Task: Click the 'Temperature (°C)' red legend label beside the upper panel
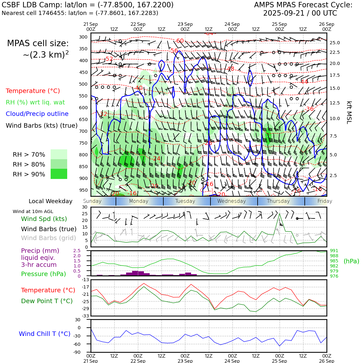(33, 91)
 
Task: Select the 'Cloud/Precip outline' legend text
(37, 114)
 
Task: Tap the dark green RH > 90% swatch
(59, 174)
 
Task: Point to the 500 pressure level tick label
(83, 84)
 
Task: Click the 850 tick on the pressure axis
(83, 167)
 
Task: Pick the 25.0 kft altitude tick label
(335, 43)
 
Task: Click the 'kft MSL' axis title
(349, 112)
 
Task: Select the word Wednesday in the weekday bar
(231, 201)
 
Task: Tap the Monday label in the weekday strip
(139, 201)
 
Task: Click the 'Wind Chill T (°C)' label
(45, 334)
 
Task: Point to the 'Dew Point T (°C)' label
(47, 301)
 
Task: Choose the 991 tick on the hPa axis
(334, 251)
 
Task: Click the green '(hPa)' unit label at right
(351, 261)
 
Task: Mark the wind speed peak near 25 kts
(280, 214)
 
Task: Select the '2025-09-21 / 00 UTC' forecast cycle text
(300, 13)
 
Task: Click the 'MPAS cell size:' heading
(38, 43)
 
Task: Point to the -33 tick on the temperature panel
(85, 316)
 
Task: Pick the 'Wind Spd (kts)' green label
(44, 219)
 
